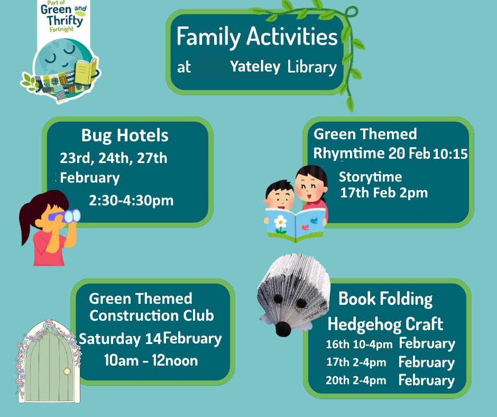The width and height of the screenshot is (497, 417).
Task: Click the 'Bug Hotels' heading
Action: pos(125,136)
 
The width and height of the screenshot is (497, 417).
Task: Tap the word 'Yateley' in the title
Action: pos(255,67)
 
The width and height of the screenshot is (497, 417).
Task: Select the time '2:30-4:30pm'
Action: pos(131,201)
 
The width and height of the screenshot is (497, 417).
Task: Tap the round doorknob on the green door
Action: pos(67,371)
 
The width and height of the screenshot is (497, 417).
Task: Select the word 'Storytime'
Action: pos(370,177)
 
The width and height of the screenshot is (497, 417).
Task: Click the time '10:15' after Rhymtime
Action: pos(450,154)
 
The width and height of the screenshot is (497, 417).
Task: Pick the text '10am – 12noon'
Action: pos(151,361)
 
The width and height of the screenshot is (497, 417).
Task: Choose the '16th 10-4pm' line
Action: pos(359,345)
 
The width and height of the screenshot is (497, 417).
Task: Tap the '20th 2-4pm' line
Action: pos(356,380)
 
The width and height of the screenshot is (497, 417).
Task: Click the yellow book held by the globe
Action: pos(86,71)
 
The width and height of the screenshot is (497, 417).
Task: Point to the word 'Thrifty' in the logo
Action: pos(65,21)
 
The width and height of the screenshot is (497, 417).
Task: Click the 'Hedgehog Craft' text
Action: pos(385,324)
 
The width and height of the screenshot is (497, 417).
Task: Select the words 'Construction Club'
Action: pos(152,316)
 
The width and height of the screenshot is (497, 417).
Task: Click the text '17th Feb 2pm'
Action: pos(384,193)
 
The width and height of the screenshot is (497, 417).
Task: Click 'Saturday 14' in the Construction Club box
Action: pos(121,339)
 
